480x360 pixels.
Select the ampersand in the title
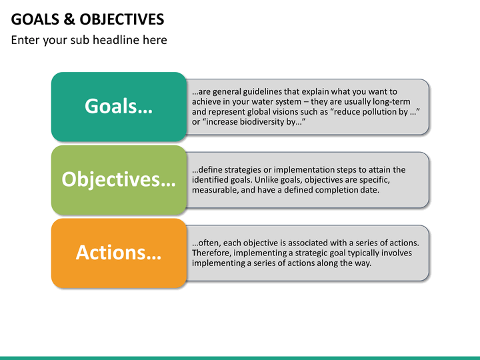coord(69,19)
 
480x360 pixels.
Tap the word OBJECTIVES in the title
coord(122,19)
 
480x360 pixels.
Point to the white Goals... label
coord(119,106)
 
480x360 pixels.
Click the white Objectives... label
coord(119,179)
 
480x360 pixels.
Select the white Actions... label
coord(119,253)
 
